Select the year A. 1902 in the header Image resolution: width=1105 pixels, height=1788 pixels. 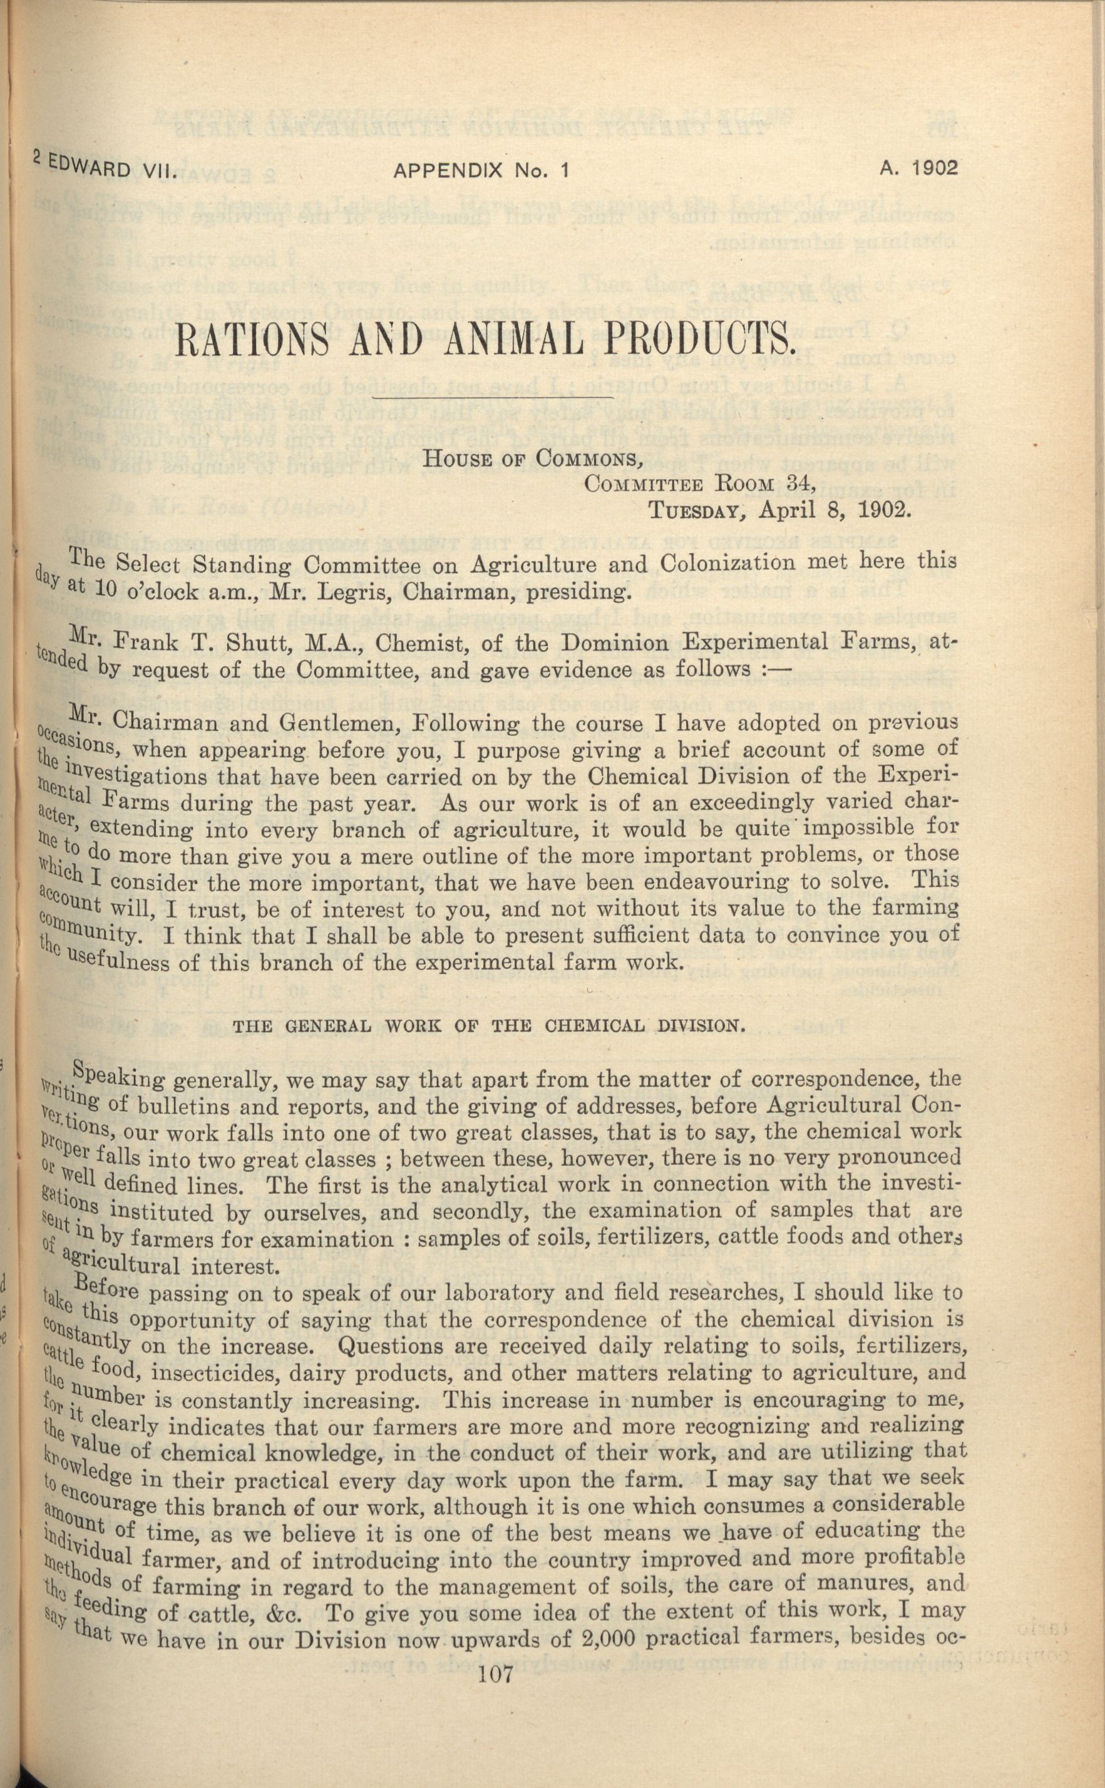click(x=918, y=169)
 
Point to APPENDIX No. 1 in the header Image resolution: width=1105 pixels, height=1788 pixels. click(x=481, y=171)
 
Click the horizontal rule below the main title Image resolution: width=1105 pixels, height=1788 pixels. click(x=493, y=397)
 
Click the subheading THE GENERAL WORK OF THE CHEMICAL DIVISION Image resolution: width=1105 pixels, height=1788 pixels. click(x=489, y=1026)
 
